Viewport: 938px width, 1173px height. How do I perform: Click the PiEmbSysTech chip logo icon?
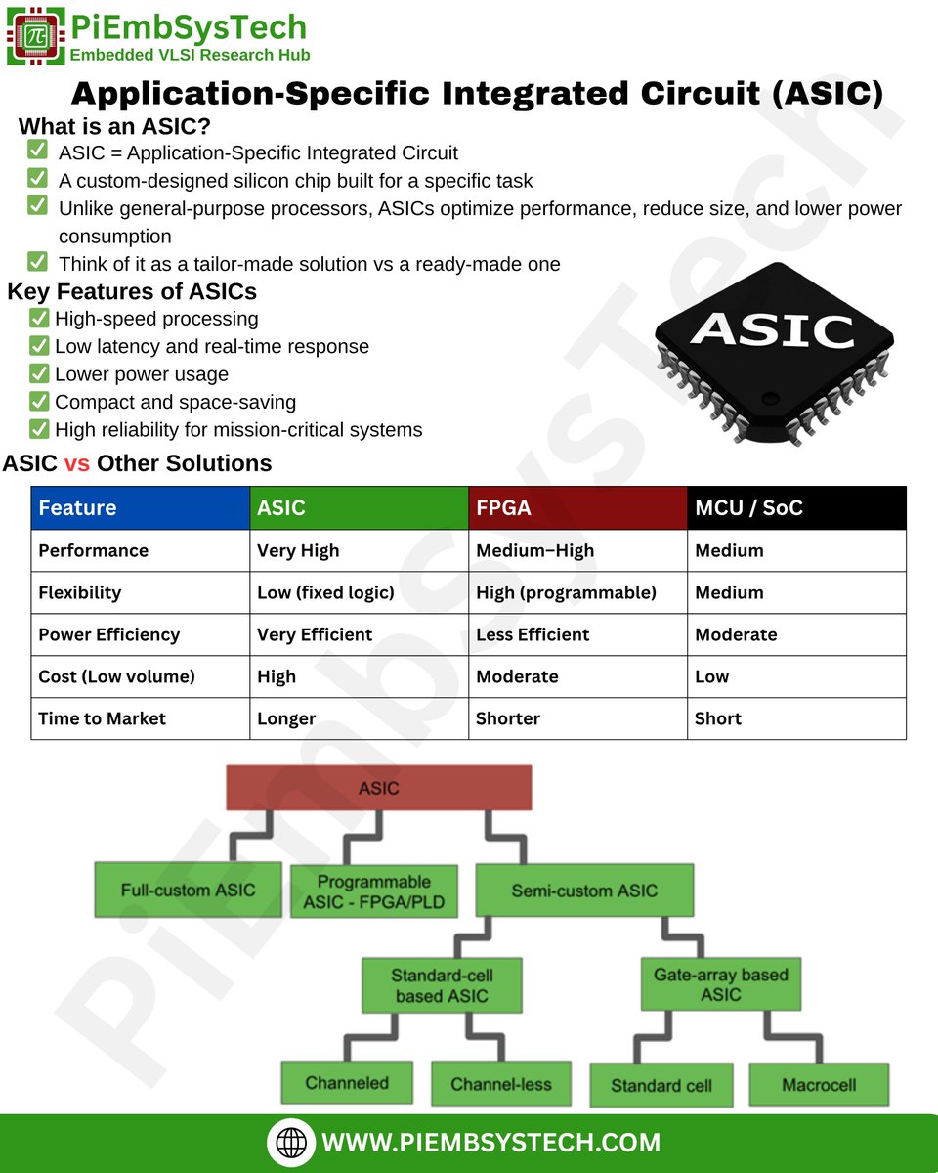pos(36,36)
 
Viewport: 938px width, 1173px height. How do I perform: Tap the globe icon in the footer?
pos(292,1142)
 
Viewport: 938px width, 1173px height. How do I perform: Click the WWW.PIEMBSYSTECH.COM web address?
pos(490,1142)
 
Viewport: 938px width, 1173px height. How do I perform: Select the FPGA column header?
pos(577,507)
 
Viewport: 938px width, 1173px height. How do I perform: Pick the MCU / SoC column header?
pos(796,507)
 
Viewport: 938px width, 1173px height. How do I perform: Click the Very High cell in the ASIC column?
pos(359,550)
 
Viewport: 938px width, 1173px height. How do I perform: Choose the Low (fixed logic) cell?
pos(359,592)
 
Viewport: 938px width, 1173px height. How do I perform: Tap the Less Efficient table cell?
pos(577,634)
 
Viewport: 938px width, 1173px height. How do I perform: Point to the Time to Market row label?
pos(140,718)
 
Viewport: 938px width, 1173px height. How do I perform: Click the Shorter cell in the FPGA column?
pos(577,718)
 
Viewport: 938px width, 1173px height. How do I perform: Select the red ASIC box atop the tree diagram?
pos(378,787)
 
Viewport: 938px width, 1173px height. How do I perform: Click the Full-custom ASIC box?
pos(188,890)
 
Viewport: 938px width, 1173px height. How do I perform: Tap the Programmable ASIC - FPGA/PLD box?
pos(373,891)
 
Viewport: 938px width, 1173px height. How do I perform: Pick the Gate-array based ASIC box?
pos(720,984)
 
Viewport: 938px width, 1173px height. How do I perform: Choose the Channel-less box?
pos(500,1083)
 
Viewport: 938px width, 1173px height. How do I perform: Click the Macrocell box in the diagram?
pos(819,1084)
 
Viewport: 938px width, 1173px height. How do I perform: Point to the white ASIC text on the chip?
pos(772,330)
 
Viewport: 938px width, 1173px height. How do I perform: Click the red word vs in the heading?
pos(77,463)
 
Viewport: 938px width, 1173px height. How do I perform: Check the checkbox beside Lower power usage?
pos(39,373)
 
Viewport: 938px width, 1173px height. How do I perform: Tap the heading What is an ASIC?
pos(114,127)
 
